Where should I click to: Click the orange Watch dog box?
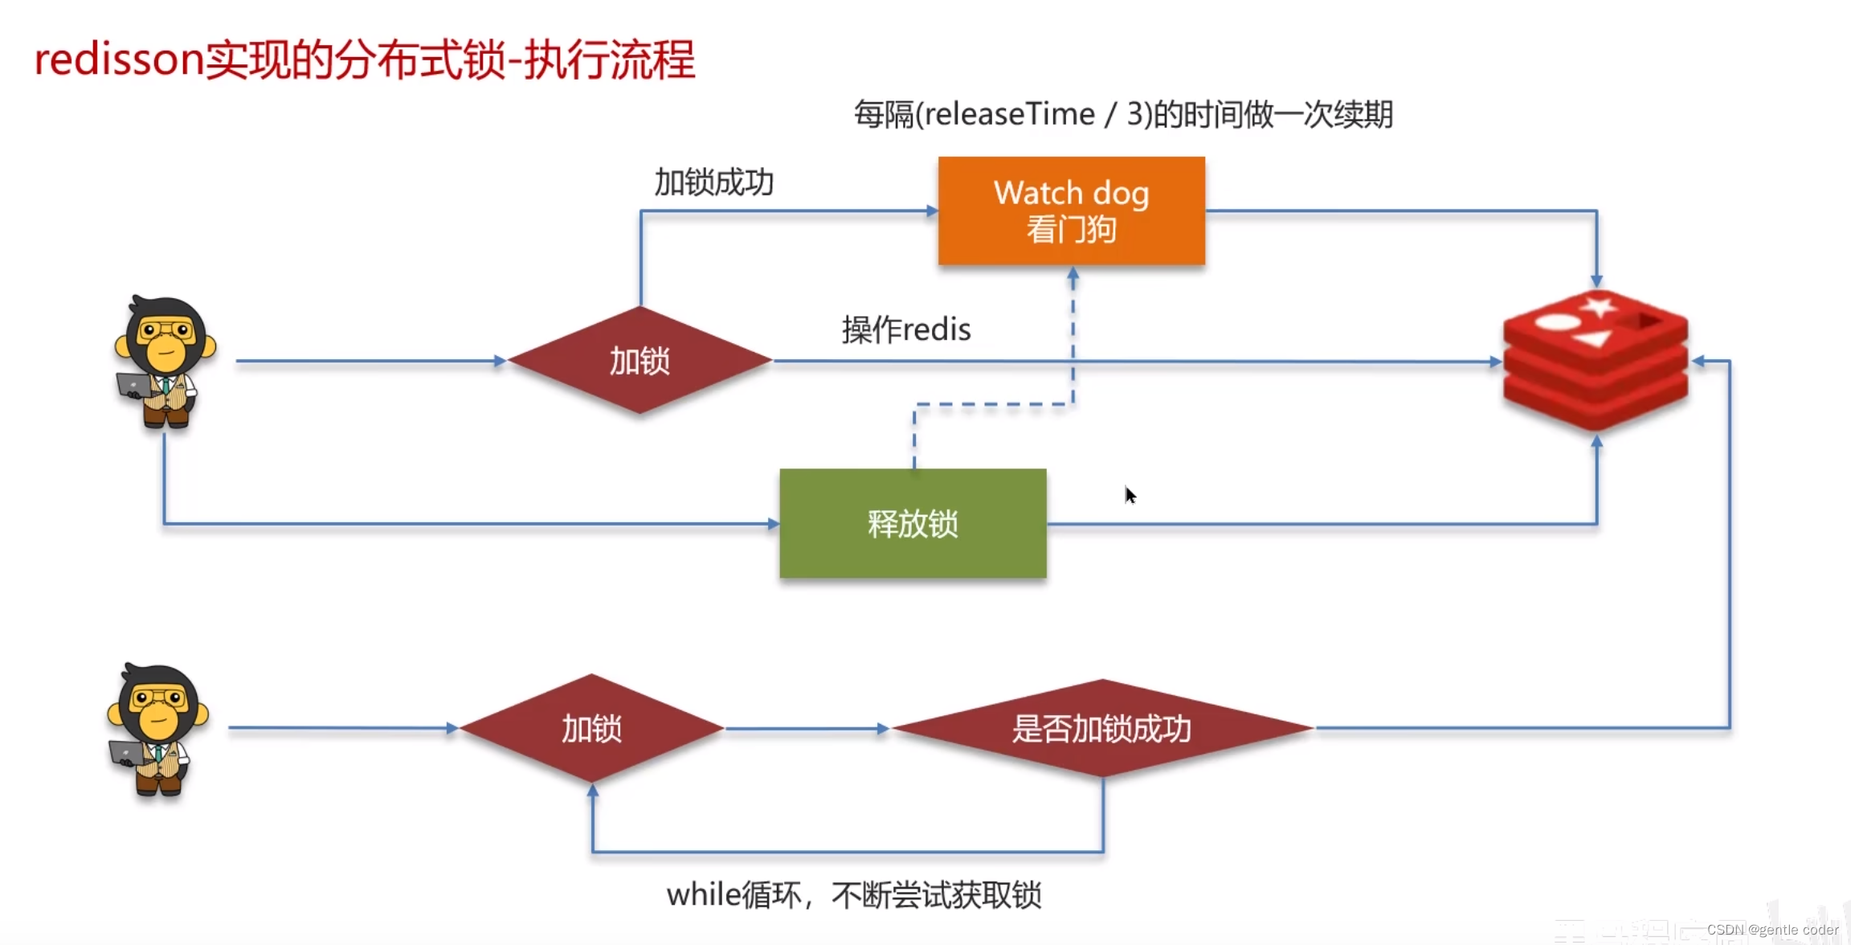point(1071,211)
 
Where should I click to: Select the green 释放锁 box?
point(913,523)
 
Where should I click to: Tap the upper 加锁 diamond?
point(639,361)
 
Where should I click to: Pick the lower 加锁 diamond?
point(591,729)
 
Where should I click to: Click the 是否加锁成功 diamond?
point(1101,729)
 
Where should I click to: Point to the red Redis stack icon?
point(1596,362)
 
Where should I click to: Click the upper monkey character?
point(165,362)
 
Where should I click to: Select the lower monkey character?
point(158,729)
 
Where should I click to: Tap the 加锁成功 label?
point(713,182)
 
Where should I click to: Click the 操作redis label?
point(906,329)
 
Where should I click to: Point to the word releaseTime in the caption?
point(1009,114)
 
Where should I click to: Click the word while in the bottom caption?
point(704,894)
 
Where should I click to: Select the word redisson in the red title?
point(119,59)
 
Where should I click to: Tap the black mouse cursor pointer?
point(1130,495)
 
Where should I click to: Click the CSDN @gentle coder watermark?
point(1772,930)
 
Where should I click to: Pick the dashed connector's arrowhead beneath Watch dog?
point(1073,274)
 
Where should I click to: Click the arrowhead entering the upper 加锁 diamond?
point(500,362)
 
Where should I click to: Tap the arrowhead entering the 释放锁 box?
point(773,524)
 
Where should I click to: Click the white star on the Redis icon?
point(1597,306)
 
